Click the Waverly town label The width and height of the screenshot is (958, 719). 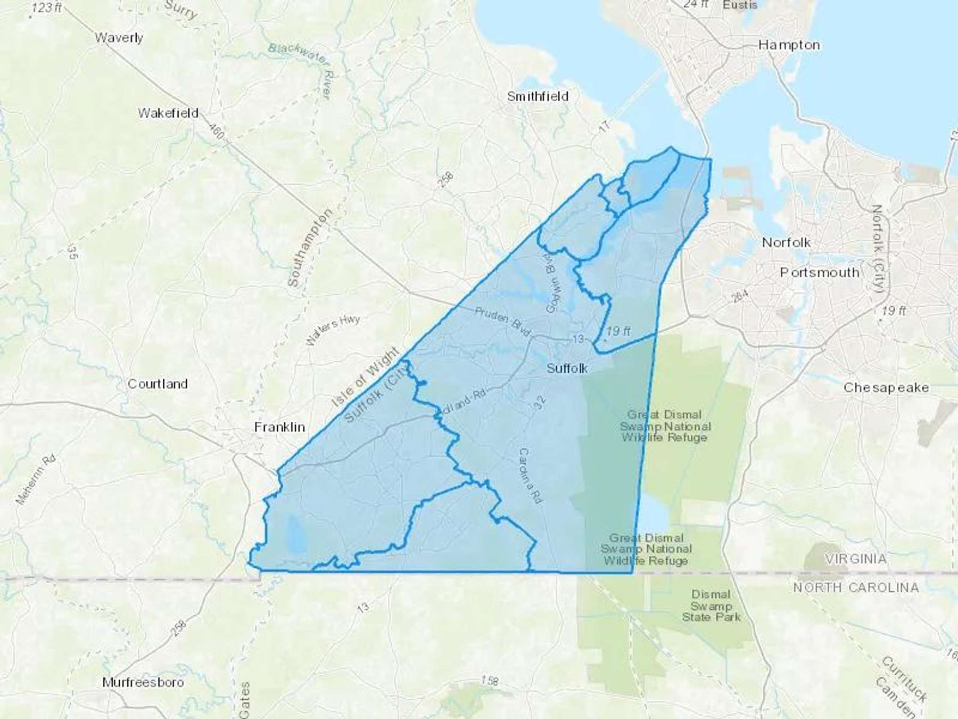119,38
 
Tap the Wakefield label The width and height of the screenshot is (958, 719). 168,113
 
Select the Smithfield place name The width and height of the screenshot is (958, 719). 538,96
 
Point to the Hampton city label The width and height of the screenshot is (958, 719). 789,45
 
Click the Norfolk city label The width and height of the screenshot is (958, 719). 786,242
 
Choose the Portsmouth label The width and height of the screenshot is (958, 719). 820,272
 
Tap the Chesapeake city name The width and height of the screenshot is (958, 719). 886,388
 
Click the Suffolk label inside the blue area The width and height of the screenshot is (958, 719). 567,368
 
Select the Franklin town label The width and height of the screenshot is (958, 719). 279,427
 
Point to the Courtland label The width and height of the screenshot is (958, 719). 158,384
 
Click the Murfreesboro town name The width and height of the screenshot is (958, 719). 143,682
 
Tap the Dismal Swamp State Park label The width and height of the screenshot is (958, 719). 711,606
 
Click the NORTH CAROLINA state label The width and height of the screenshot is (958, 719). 856,587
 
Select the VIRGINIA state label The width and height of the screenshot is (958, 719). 856,559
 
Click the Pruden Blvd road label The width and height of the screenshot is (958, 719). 502,322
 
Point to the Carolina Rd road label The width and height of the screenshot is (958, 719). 530,476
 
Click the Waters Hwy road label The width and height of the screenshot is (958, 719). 333,330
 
